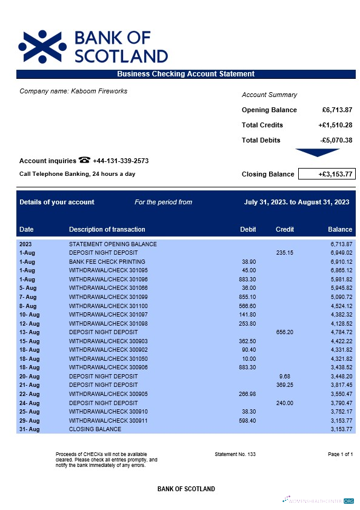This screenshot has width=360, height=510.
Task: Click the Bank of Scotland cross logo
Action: (x=42, y=46)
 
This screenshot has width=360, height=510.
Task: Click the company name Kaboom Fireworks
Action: (x=73, y=92)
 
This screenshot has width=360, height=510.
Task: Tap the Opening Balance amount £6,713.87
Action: (x=337, y=110)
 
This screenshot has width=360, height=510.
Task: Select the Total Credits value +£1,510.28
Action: (x=335, y=125)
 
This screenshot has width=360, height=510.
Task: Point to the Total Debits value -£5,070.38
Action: (x=336, y=140)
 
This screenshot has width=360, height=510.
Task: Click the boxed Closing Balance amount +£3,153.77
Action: (x=326, y=174)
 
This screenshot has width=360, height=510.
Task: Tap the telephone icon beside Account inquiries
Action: (x=84, y=161)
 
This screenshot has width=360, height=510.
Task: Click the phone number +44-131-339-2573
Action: (x=121, y=161)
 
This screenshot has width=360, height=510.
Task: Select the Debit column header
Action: (x=248, y=229)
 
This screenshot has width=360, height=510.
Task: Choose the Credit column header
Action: (x=285, y=229)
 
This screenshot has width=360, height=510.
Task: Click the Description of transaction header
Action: (x=107, y=229)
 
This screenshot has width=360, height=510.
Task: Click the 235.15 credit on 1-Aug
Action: (x=284, y=252)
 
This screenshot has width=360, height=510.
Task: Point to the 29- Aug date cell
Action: (x=29, y=421)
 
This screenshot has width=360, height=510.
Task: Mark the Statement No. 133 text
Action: (x=235, y=454)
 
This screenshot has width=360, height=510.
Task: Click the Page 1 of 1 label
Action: (x=340, y=454)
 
